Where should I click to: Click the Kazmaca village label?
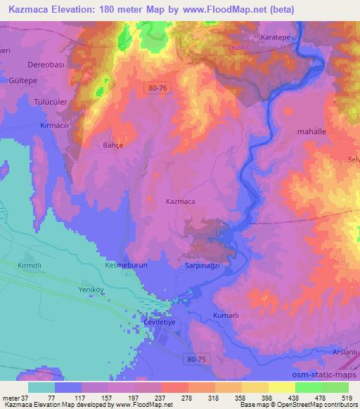click(180, 202)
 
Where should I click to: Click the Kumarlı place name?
click(226, 318)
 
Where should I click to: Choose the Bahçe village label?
click(104, 147)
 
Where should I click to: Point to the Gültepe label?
click(22, 81)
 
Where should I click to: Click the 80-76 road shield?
click(159, 89)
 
